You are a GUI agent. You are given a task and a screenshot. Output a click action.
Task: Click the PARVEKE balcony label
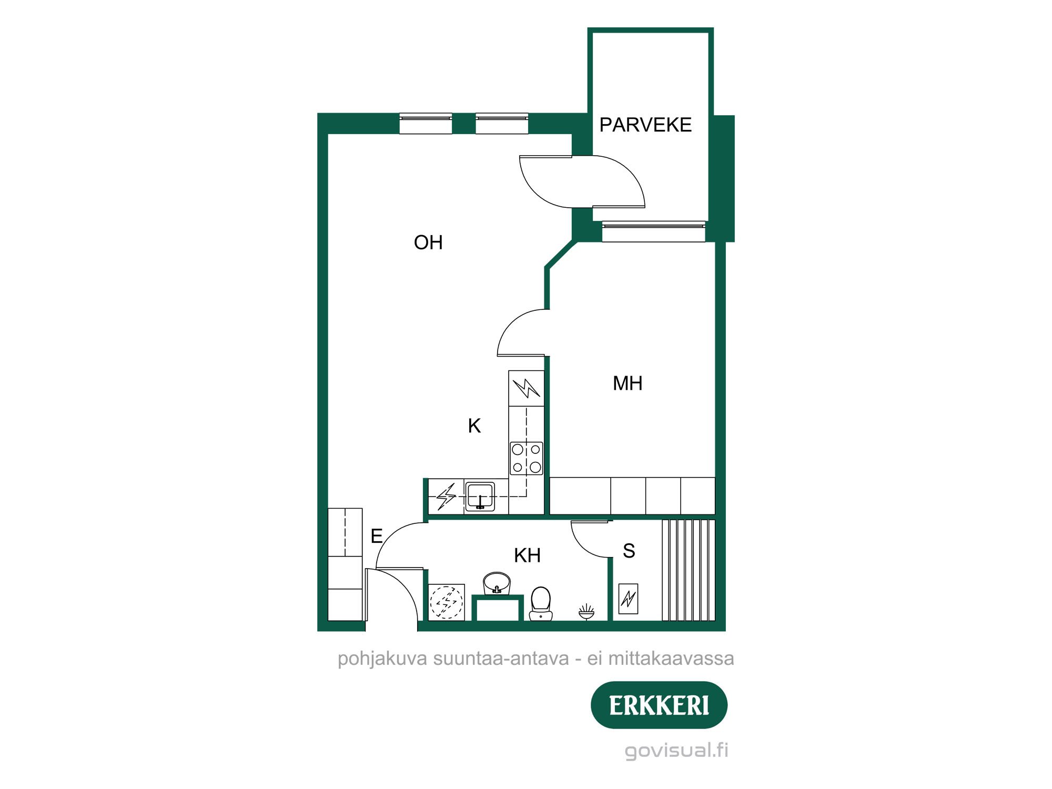[645, 125]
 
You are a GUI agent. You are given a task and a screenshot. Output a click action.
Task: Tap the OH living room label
[428, 242]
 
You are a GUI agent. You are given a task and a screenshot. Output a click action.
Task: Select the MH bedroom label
[628, 383]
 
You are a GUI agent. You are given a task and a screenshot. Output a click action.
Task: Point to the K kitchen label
[474, 426]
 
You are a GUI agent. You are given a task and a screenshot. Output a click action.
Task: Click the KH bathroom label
[527, 555]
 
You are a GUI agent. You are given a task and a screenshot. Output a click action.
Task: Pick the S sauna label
[629, 551]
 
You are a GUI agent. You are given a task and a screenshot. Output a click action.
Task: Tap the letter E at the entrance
[377, 537]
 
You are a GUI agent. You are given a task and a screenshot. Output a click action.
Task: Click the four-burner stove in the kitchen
[526, 458]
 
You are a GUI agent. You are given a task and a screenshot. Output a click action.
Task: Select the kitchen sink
[480, 496]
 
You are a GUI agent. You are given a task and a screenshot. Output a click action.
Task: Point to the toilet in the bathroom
[541, 604]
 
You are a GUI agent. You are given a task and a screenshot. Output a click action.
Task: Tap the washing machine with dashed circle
[447, 602]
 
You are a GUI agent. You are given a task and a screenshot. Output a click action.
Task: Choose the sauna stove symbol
[628, 599]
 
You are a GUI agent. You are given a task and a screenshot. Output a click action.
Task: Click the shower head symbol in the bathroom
[586, 611]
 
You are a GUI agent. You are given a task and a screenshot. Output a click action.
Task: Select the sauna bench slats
[689, 570]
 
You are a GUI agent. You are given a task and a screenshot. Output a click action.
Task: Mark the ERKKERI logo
[659, 705]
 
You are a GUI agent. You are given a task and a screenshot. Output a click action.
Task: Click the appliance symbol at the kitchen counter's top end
[526, 388]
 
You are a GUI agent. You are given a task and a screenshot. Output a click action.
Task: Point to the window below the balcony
[653, 231]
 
